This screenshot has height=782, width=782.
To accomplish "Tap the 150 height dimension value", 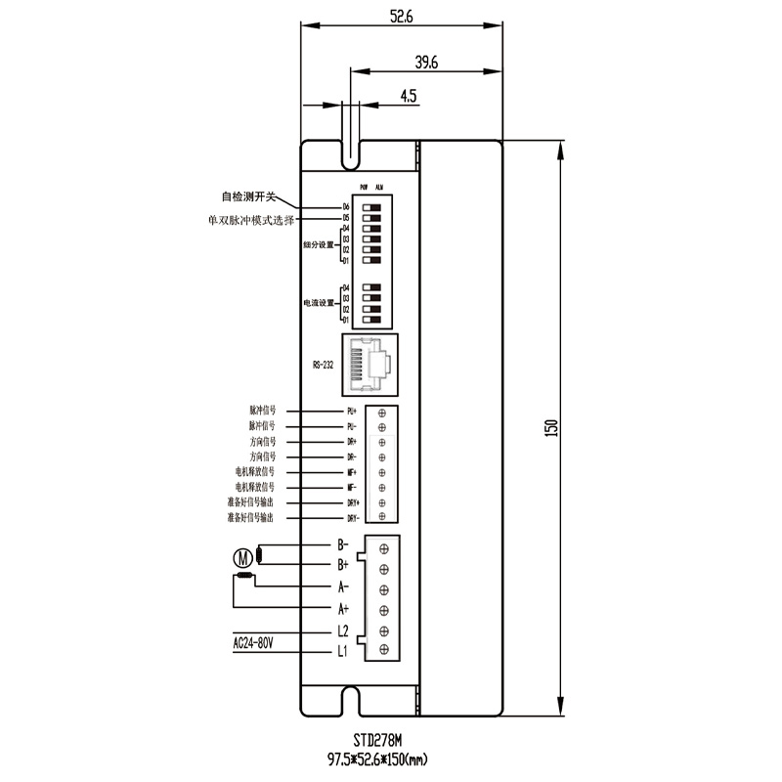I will (x=550, y=428).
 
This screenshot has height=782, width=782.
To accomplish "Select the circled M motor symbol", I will (x=241, y=559).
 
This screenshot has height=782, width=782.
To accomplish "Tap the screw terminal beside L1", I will (x=383, y=650).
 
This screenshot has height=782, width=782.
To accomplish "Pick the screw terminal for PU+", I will (x=381, y=413).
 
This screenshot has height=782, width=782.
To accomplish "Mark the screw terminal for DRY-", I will (x=381, y=516).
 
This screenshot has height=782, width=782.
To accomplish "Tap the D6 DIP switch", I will (x=372, y=207).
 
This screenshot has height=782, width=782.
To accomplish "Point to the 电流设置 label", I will (x=318, y=304).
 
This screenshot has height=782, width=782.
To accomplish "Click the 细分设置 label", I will (x=318, y=244).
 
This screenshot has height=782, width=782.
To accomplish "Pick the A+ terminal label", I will (x=343, y=609).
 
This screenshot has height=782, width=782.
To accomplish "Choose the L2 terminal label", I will (x=343, y=630).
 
